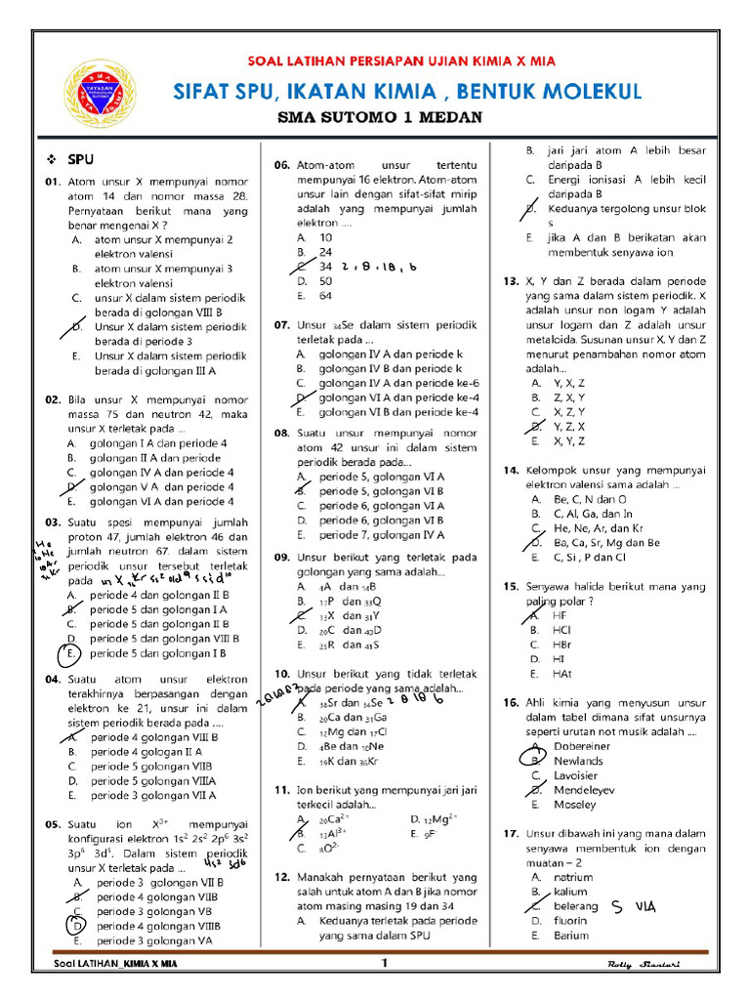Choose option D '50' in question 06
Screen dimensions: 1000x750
pos(325,280)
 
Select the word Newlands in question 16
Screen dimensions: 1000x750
pos(578,760)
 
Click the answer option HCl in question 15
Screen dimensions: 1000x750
pos(562,630)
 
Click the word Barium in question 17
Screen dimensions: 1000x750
pos(571,935)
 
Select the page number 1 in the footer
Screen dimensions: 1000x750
pos(385,964)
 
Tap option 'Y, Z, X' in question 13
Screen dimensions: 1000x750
pos(570,427)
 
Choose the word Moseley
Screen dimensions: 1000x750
pos(574,805)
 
